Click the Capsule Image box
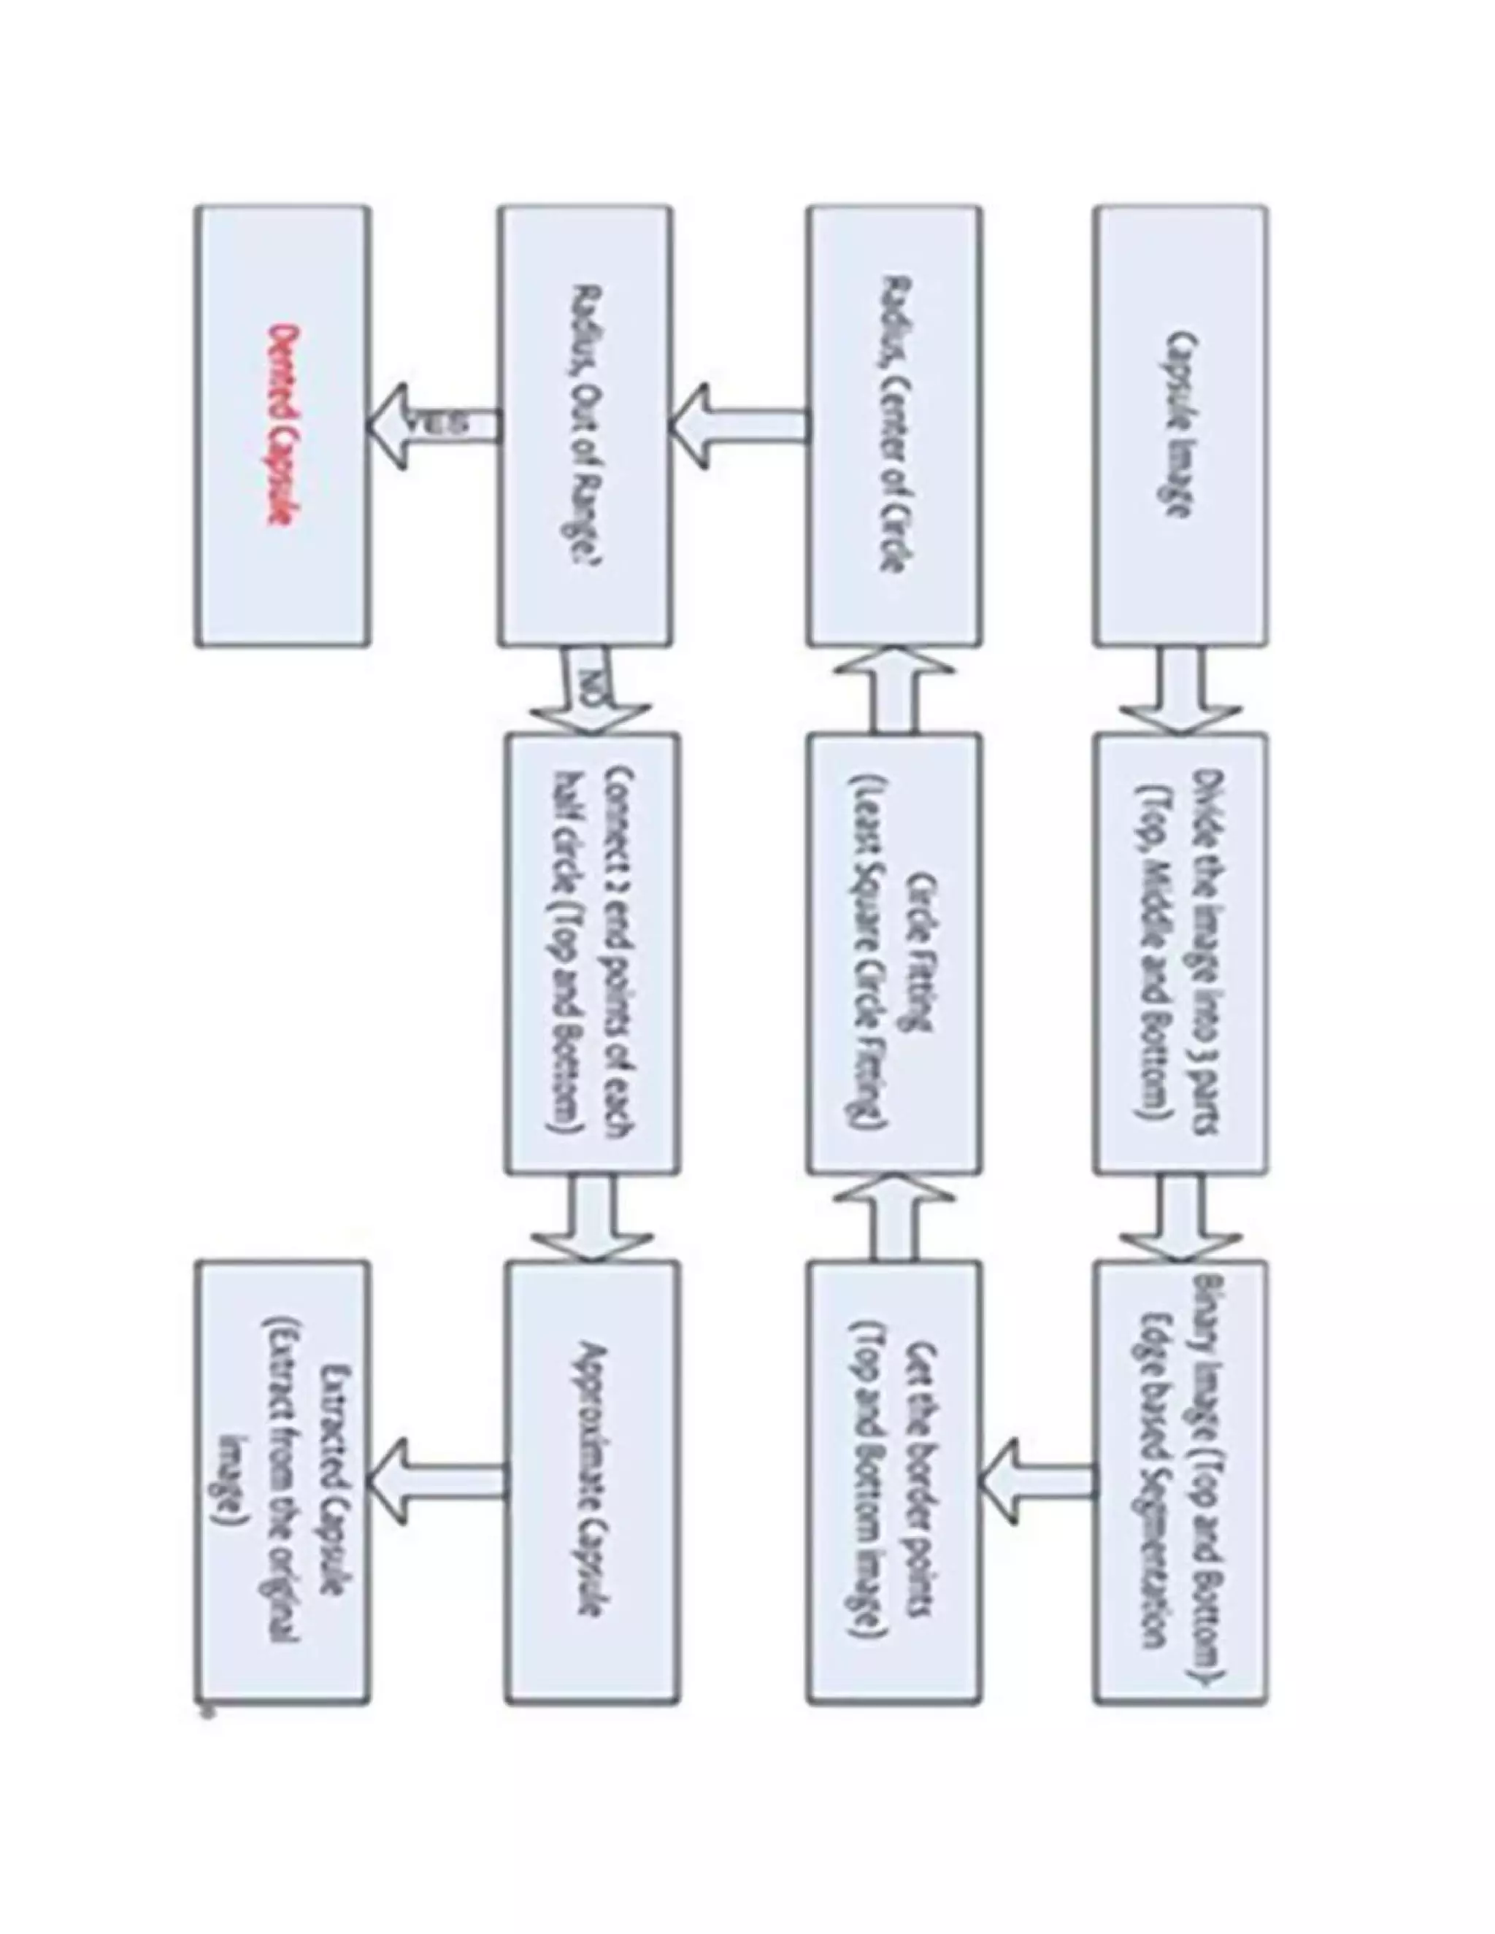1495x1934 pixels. (x=1180, y=425)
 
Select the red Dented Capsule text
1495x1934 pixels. (x=282, y=425)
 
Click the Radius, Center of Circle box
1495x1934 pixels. (x=893, y=425)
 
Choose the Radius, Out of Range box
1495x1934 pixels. (x=585, y=425)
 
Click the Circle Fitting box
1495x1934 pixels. (x=893, y=954)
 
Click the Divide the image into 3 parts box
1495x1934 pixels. (x=1180, y=954)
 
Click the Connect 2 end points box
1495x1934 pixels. (x=591, y=954)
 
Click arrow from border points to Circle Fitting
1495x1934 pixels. (x=893, y=1217)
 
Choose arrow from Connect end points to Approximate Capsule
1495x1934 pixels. (x=591, y=1217)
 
